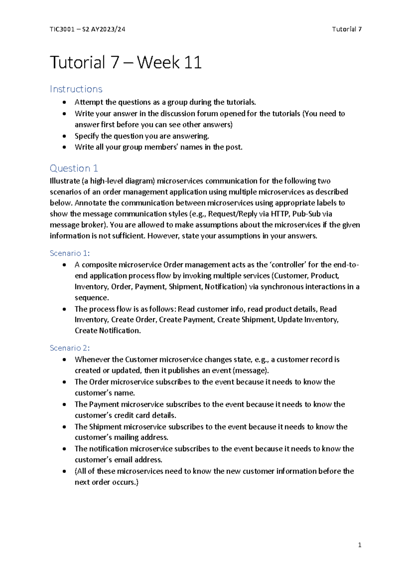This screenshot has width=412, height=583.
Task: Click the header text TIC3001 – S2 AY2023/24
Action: (87, 29)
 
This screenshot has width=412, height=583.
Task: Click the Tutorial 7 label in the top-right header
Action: (346, 29)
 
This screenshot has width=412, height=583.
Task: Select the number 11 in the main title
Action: (193, 63)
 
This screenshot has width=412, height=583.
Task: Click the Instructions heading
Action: (76, 89)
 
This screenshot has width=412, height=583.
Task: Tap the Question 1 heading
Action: (74, 168)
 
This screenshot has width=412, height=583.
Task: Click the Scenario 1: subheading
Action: (70, 253)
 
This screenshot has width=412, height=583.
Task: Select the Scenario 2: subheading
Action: (70, 348)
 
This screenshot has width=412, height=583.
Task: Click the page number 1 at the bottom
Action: (359, 545)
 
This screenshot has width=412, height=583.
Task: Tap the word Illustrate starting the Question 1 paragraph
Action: (64, 181)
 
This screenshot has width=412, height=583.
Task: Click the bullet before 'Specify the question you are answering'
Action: (65, 136)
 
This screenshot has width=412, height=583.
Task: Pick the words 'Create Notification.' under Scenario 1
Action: (108, 331)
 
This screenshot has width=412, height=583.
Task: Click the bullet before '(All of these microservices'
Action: (65, 471)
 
